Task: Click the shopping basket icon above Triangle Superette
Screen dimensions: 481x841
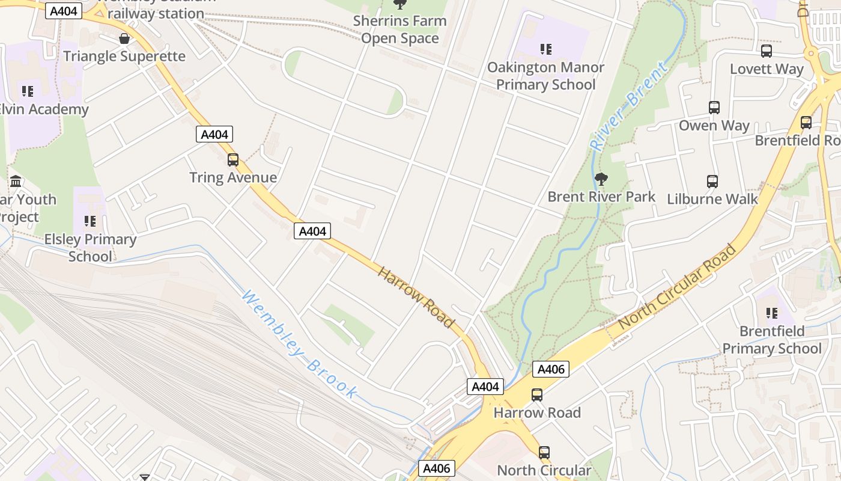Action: coord(124,39)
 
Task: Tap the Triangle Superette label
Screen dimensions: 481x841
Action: coord(124,57)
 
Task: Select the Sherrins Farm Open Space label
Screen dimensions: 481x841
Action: coord(399,29)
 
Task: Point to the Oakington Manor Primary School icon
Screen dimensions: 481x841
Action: coord(545,49)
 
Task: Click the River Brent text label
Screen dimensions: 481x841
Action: coord(628,106)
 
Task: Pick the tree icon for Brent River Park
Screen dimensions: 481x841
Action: coord(600,179)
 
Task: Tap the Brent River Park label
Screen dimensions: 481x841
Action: coord(601,197)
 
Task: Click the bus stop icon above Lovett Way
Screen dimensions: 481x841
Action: coord(767,51)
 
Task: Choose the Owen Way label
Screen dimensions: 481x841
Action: coord(714,126)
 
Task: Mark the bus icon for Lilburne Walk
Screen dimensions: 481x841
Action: coord(712,182)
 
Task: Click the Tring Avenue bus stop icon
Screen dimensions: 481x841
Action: coord(233,160)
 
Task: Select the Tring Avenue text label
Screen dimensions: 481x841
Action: coord(233,177)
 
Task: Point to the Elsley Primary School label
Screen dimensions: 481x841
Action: coord(90,248)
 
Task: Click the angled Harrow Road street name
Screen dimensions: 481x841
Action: coord(416,297)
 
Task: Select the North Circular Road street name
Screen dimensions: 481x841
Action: coord(677,286)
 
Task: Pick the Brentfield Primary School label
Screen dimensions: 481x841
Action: coord(772,340)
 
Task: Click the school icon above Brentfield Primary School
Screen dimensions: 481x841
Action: coord(772,313)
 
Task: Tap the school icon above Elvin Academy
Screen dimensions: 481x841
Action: coord(27,91)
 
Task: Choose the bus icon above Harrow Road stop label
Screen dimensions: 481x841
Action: coord(537,395)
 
